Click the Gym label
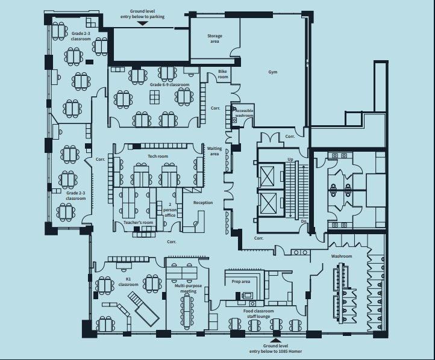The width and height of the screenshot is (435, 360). click(273, 72)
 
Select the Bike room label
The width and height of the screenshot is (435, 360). click(223, 75)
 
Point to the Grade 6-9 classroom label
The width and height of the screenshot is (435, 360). click(170, 85)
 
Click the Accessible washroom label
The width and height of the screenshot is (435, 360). click(244, 113)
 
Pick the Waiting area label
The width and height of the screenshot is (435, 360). click(214, 151)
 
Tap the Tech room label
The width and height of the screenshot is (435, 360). click(158, 156)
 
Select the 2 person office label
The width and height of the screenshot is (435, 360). click(170, 210)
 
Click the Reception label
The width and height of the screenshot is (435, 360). click(203, 202)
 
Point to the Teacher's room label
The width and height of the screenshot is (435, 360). click(139, 223)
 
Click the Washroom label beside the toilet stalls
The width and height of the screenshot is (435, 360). click(341, 256)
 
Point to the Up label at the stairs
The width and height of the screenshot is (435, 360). click(290, 160)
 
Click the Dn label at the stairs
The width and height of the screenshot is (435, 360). click(304, 221)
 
